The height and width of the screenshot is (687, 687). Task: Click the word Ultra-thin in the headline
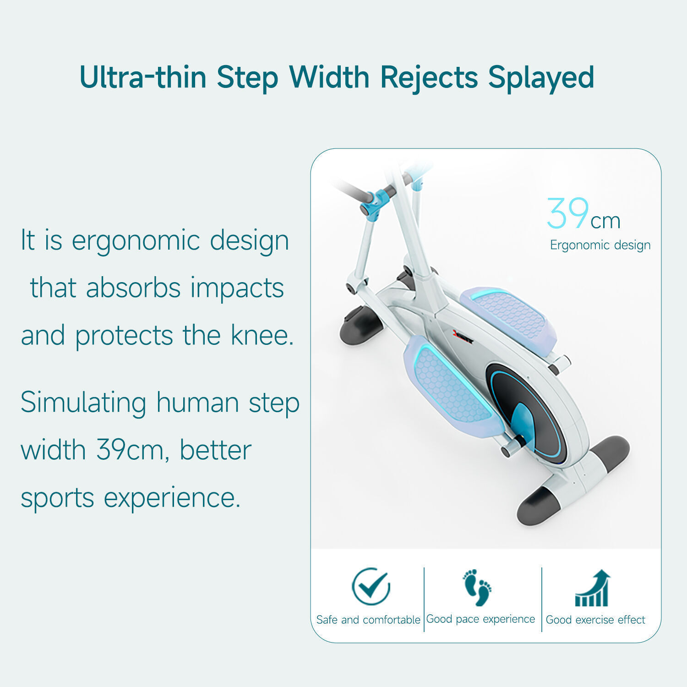[142, 77]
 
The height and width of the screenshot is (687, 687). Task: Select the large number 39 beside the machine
[568, 213]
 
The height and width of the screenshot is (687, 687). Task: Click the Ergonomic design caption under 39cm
[600, 245]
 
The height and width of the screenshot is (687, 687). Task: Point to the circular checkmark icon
[371, 586]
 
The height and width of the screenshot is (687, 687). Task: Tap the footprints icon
[477, 587]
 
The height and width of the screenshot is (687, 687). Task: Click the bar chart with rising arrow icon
[593, 589]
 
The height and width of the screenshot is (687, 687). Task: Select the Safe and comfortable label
[368, 620]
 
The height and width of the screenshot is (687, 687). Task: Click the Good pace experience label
[480, 619]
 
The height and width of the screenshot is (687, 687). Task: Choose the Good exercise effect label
[595, 620]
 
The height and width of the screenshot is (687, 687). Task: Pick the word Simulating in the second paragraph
[83, 403]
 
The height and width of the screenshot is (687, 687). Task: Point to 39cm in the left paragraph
[130, 450]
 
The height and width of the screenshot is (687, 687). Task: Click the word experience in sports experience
[172, 498]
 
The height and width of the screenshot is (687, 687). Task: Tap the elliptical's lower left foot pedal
[451, 387]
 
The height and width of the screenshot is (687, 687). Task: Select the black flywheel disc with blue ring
[527, 412]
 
